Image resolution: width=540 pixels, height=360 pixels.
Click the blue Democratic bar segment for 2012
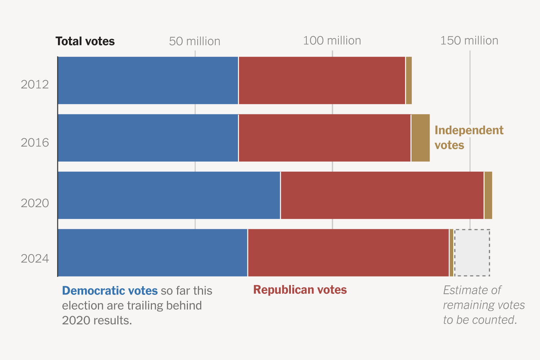tap(148, 80)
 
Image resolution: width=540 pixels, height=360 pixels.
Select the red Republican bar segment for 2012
tap(322, 80)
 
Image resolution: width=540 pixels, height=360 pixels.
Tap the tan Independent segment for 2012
tap(409, 80)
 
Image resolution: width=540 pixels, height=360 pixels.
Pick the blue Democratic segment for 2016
tap(148, 138)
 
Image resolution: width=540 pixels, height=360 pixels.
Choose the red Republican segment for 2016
tap(324, 138)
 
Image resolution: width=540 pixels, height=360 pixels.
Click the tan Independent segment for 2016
tap(420, 138)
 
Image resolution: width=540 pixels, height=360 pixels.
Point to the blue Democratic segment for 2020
tap(169, 195)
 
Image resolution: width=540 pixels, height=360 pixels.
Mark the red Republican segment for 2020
tap(382, 195)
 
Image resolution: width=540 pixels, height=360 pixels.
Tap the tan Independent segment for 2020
tap(488, 195)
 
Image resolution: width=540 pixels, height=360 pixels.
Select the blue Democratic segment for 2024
tap(153, 253)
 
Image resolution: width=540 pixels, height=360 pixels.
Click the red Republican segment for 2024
tap(348, 253)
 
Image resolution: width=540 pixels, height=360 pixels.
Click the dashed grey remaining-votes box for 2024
tap(472, 253)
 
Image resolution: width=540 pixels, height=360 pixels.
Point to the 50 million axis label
tap(194, 41)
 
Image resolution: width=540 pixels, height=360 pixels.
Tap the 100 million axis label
tap(332, 41)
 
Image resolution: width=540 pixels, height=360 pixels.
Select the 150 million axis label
tap(469, 41)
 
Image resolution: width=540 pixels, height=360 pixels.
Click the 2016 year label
tap(35, 143)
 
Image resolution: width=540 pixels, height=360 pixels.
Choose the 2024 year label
tap(35, 259)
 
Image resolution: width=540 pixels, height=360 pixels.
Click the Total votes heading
tap(85, 41)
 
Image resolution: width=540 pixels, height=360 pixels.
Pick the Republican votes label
tap(300, 290)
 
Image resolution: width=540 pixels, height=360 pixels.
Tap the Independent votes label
tap(469, 138)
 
